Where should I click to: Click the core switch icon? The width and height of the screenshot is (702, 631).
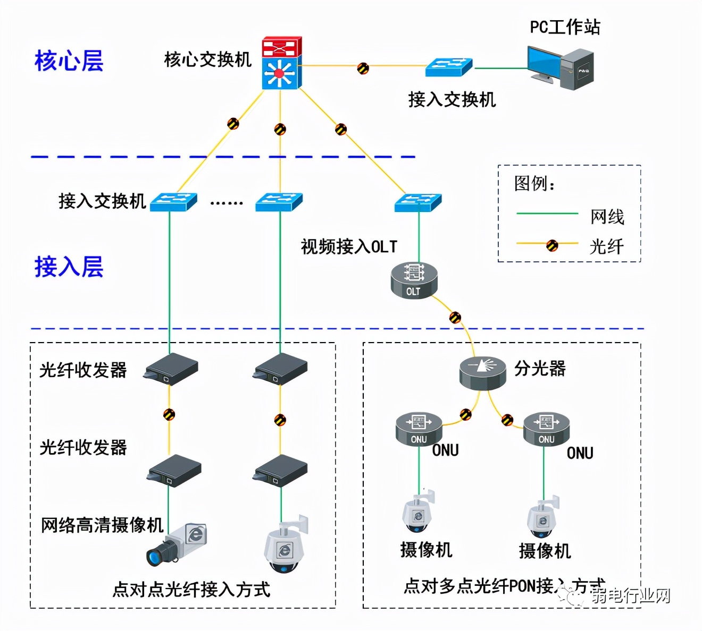[x=281, y=63]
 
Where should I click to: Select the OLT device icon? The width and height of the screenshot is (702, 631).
[x=414, y=280]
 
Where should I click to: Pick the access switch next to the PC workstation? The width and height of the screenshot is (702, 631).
[x=448, y=67]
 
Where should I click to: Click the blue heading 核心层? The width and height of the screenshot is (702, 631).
[x=69, y=61]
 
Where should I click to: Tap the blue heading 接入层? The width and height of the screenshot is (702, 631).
[x=69, y=267]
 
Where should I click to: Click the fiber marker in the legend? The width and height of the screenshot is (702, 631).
[x=552, y=245]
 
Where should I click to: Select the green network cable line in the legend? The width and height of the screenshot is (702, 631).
[x=547, y=214]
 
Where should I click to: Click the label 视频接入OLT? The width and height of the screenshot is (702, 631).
[x=349, y=247]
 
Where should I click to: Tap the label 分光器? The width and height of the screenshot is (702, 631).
[x=539, y=369]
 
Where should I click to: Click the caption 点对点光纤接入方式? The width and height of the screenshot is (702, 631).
[x=191, y=590]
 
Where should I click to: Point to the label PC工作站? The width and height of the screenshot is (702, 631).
[x=565, y=27]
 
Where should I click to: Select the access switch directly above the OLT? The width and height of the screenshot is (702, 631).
[x=418, y=203]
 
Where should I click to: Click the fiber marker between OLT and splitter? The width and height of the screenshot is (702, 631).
[x=455, y=318]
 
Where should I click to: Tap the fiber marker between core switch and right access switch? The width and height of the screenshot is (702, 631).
[x=341, y=129]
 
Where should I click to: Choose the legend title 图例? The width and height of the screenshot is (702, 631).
[x=534, y=184]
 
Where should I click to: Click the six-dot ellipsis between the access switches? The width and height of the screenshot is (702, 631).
[x=227, y=203]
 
